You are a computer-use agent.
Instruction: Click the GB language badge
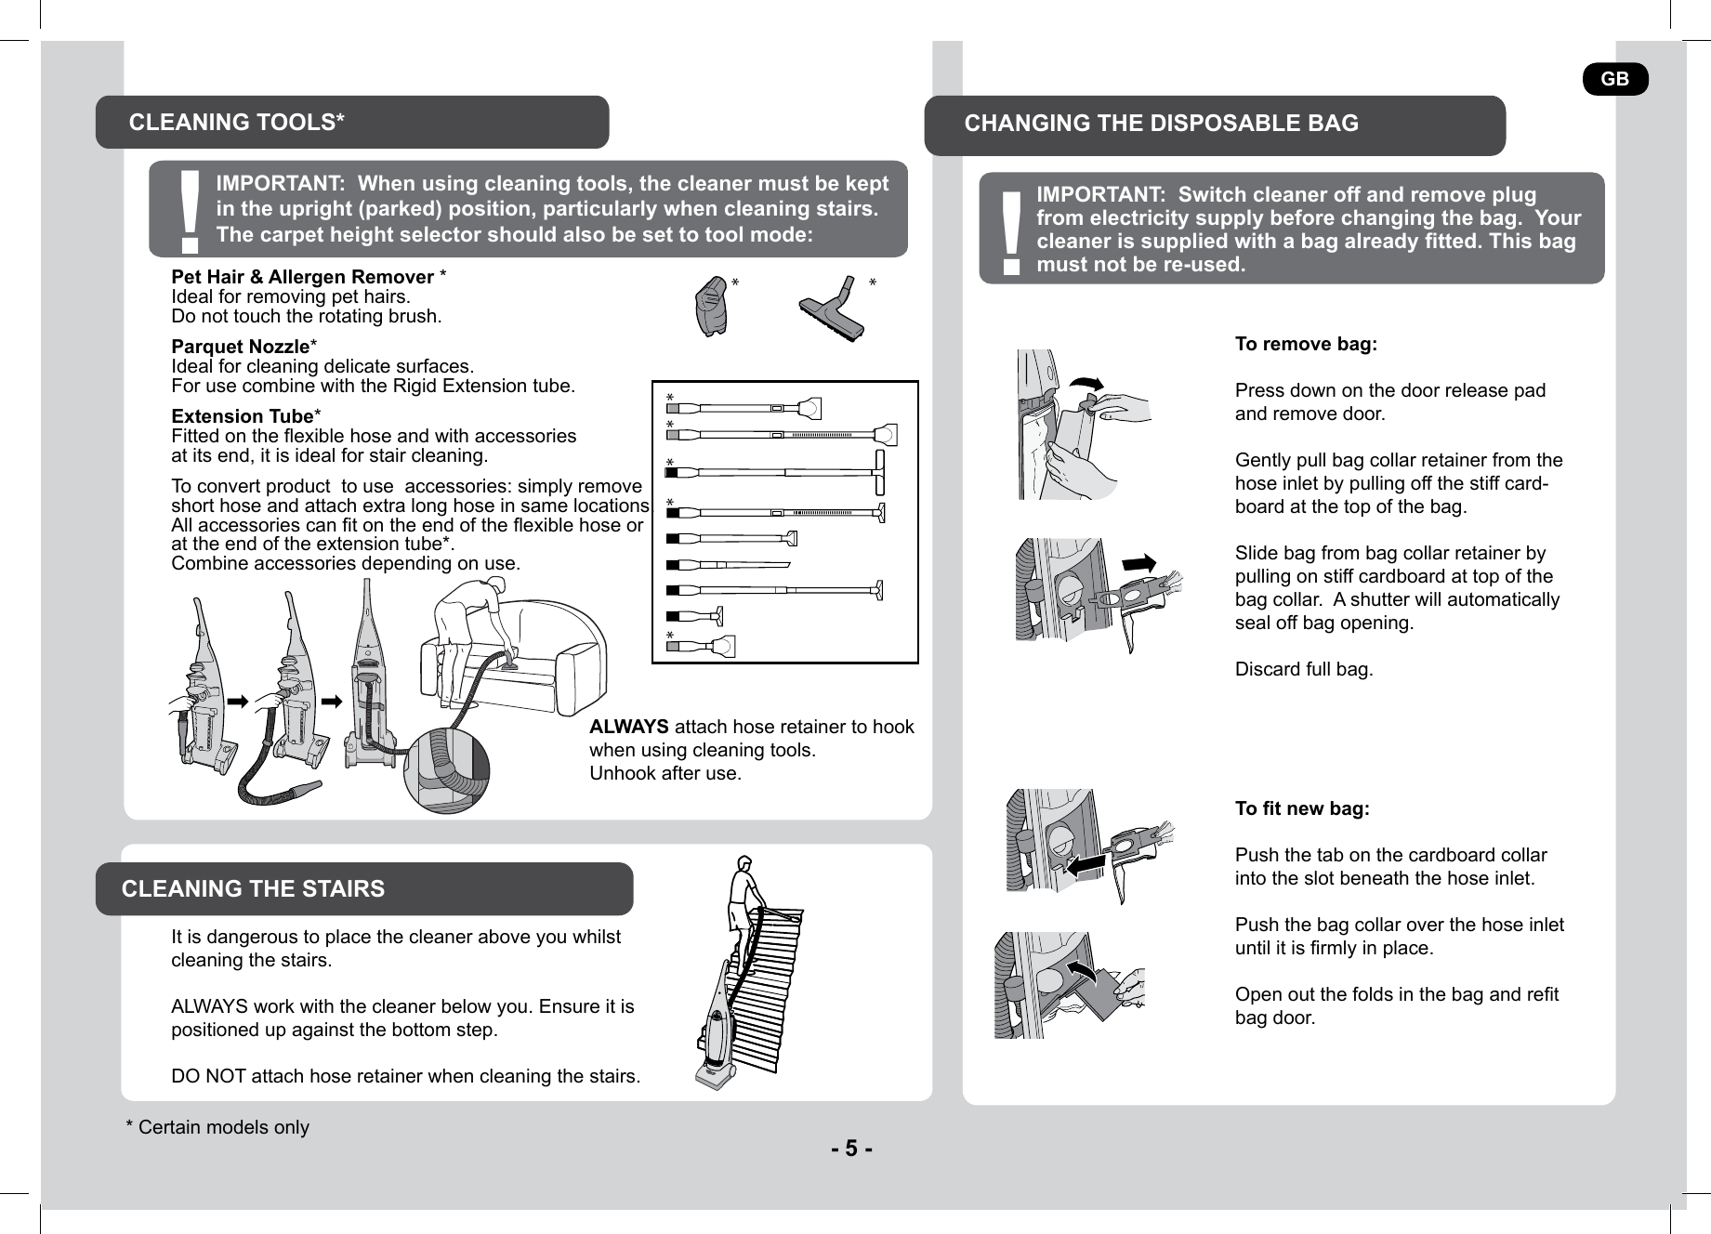(1615, 79)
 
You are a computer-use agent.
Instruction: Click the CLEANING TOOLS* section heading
(237, 123)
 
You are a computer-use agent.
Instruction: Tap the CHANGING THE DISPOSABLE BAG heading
(1161, 124)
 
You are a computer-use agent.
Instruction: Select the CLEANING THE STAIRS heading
(253, 889)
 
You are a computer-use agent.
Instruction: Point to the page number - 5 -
(851, 1149)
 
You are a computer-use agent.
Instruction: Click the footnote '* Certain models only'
(217, 1128)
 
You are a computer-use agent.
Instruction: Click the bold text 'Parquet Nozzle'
(241, 347)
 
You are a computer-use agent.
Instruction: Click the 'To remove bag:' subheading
(1306, 345)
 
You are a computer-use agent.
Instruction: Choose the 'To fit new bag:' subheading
(1302, 809)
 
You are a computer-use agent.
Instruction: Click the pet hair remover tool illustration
(712, 306)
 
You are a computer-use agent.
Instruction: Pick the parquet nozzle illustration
(835, 308)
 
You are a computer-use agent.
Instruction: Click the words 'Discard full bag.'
(1304, 670)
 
